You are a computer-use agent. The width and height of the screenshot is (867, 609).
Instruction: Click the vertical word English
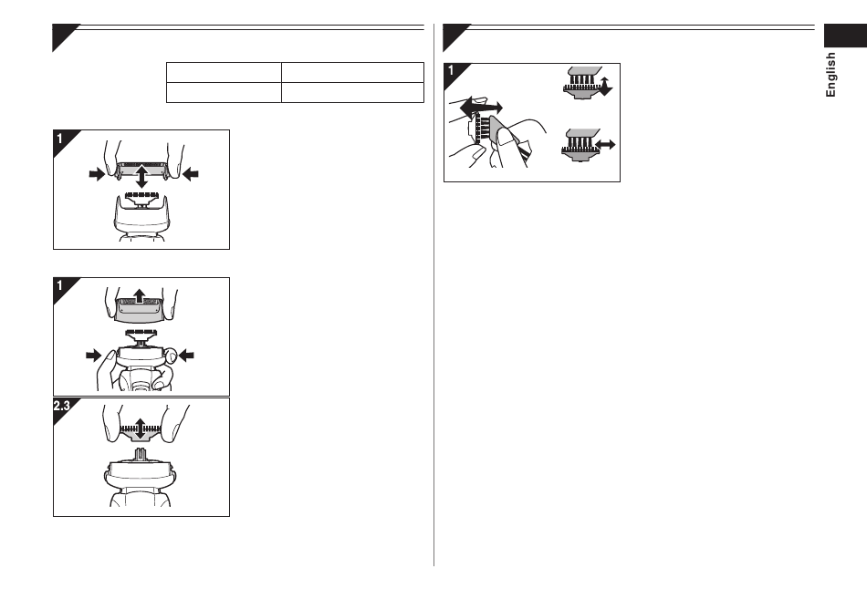(830, 75)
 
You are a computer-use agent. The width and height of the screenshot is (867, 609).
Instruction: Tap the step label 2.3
(61, 407)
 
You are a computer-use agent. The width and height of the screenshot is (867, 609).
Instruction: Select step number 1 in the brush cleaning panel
(451, 71)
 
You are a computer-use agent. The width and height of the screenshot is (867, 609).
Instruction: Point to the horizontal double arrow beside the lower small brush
(605, 145)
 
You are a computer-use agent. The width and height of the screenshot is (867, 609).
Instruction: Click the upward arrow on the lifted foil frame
(140, 296)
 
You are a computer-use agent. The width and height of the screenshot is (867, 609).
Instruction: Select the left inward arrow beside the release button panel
(94, 356)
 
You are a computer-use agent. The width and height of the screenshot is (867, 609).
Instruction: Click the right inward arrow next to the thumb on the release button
(186, 356)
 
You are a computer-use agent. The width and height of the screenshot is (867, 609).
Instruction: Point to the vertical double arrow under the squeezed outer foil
(141, 176)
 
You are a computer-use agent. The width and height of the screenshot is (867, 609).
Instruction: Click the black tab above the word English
(845, 36)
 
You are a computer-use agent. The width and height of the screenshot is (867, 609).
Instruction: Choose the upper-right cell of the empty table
(353, 72)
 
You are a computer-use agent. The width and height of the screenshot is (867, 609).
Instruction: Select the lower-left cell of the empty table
(224, 93)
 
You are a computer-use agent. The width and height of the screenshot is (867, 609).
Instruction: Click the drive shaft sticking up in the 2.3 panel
(141, 455)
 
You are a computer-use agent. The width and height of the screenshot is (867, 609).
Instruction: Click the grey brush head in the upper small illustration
(583, 71)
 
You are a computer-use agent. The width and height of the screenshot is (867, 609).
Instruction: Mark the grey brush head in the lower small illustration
(580, 133)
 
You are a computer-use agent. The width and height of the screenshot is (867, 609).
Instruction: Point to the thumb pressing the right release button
(172, 356)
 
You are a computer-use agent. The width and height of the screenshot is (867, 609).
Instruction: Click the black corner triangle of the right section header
(454, 36)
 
